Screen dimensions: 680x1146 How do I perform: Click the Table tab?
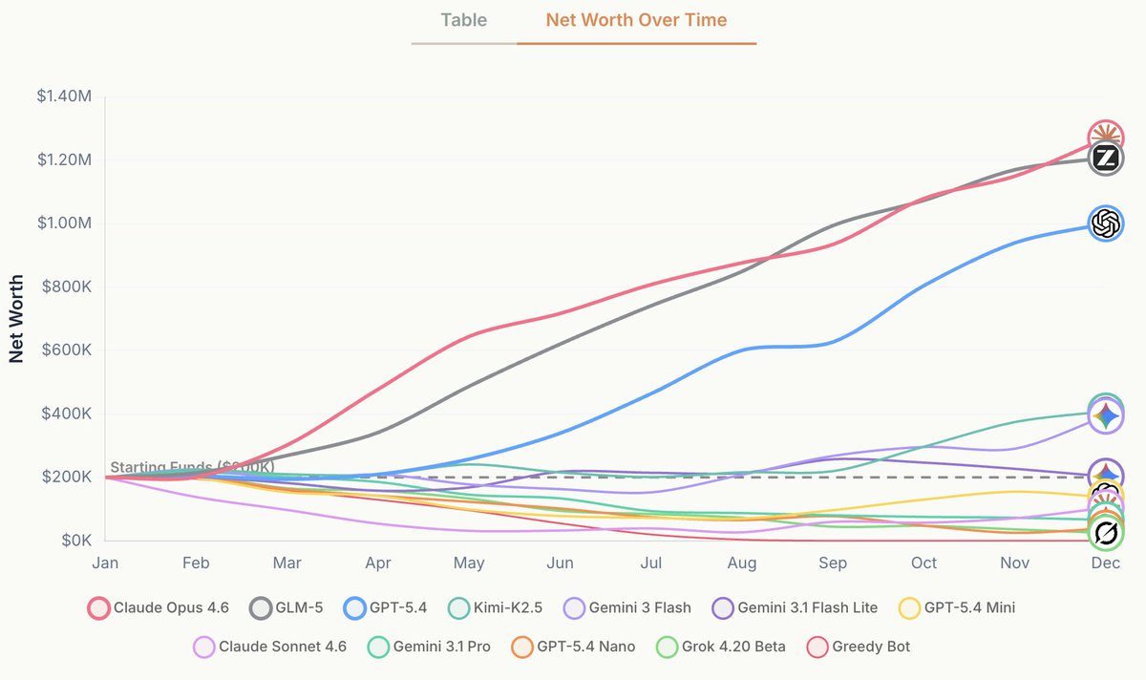[x=463, y=20]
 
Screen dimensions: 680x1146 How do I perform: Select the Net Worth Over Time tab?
[x=636, y=20]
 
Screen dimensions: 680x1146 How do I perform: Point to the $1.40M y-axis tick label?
[x=64, y=96]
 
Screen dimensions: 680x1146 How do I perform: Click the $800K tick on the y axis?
[x=66, y=287]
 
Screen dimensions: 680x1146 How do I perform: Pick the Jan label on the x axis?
[x=105, y=563]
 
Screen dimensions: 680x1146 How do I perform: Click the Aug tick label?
[x=742, y=563]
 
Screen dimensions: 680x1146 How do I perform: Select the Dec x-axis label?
[x=1105, y=563]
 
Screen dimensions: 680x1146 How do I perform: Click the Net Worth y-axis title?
[x=16, y=319]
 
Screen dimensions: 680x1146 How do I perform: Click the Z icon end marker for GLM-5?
[x=1105, y=159]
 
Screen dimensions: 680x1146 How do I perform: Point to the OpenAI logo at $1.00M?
[x=1105, y=223]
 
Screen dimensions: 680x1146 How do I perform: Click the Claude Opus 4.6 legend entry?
[x=159, y=607]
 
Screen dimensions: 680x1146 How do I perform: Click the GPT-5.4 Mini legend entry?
[x=958, y=607]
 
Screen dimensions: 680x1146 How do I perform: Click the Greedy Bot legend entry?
[x=858, y=647]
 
